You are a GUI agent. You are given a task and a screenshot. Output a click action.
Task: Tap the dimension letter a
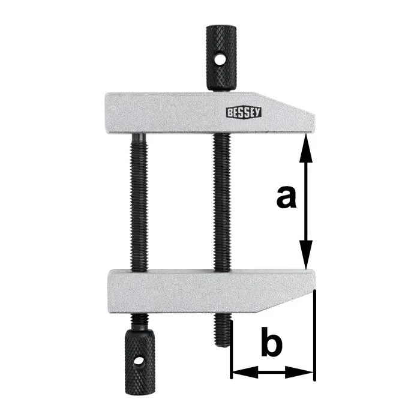click(286, 197)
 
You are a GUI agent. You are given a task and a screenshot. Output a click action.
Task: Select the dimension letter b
click(271, 344)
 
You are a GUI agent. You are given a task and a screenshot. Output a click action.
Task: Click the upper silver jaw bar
click(180, 112)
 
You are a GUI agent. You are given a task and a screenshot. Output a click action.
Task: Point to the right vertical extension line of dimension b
click(313, 336)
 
